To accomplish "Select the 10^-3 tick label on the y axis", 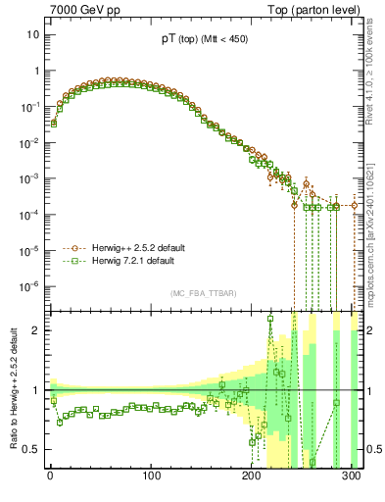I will click(28, 178).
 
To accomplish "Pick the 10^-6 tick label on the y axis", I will click(28, 286).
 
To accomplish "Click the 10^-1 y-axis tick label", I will click(28, 106).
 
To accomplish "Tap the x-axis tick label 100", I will click(151, 477).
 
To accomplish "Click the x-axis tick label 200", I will click(252, 477).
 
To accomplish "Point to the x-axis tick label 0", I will click(50, 477).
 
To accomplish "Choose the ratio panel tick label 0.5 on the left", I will click(30, 449).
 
